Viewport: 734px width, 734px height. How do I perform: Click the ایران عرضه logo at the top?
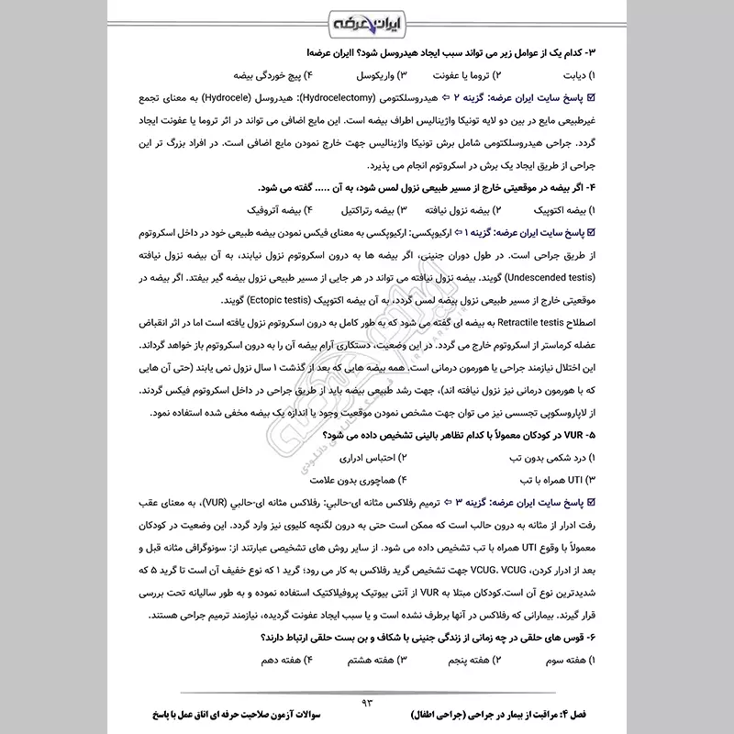point(366,20)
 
